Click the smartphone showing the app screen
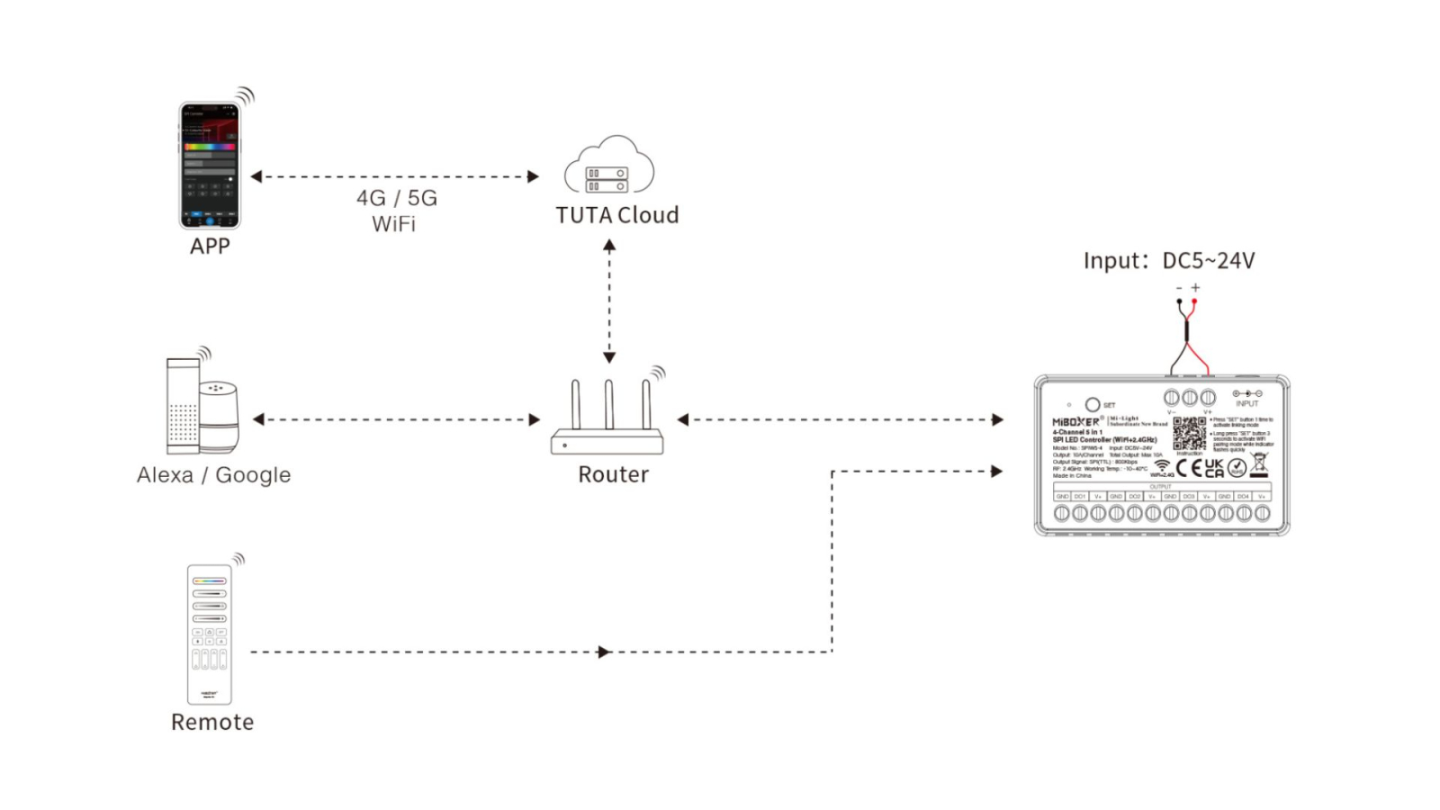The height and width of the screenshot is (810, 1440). click(x=210, y=166)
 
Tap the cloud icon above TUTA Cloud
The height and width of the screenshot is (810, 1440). click(x=609, y=166)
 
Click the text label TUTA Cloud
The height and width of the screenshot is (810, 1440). click(x=617, y=216)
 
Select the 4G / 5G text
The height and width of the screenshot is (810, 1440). click(x=397, y=198)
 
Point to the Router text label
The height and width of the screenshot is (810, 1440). click(x=613, y=475)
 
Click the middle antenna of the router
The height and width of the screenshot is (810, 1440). click(x=609, y=404)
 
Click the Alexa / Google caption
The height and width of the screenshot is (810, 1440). click(x=213, y=475)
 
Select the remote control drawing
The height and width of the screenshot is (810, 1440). click(x=209, y=634)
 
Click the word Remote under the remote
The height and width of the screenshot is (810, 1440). click(x=212, y=723)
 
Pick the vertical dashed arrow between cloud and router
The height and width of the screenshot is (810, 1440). click(x=609, y=301)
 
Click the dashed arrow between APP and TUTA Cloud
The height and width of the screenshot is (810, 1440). click(x=395, y=176)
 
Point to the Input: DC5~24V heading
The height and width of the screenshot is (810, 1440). click(x=1168, y=261)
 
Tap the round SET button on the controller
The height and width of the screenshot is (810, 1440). click(x=1093, y=405)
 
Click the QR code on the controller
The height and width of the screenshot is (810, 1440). click(x=1189, y=434)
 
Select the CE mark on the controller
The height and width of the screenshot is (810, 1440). click(x=1189, y=468)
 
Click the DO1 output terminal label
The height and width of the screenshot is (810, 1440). click(x=1080, y=497)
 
